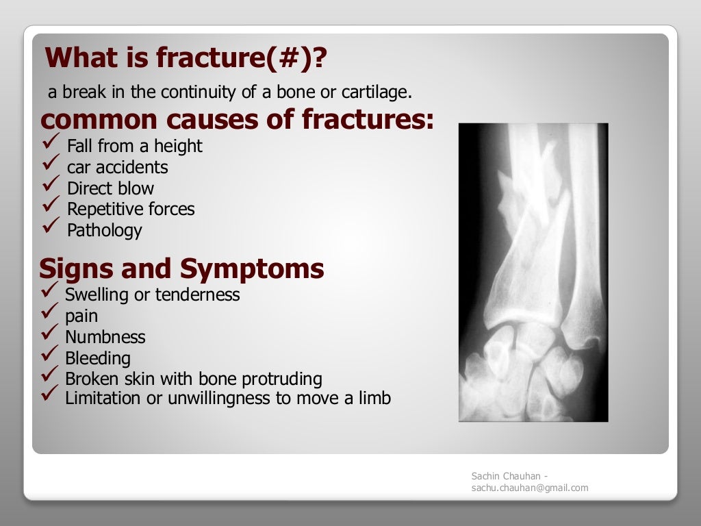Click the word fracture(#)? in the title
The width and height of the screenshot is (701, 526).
pos(242,58)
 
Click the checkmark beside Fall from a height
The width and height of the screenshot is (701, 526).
pos(52,143)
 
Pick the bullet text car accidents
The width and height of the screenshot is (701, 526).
pos(117,167)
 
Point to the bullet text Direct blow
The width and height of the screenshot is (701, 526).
pos(110,188)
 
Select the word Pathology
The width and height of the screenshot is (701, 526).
pos(104,231)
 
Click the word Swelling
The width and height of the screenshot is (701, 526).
pos(99,295)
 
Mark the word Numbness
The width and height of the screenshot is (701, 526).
pos(105,337)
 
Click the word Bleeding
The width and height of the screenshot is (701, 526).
pos(97,358)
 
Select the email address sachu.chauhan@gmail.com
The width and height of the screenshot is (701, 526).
pos(529,488)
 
